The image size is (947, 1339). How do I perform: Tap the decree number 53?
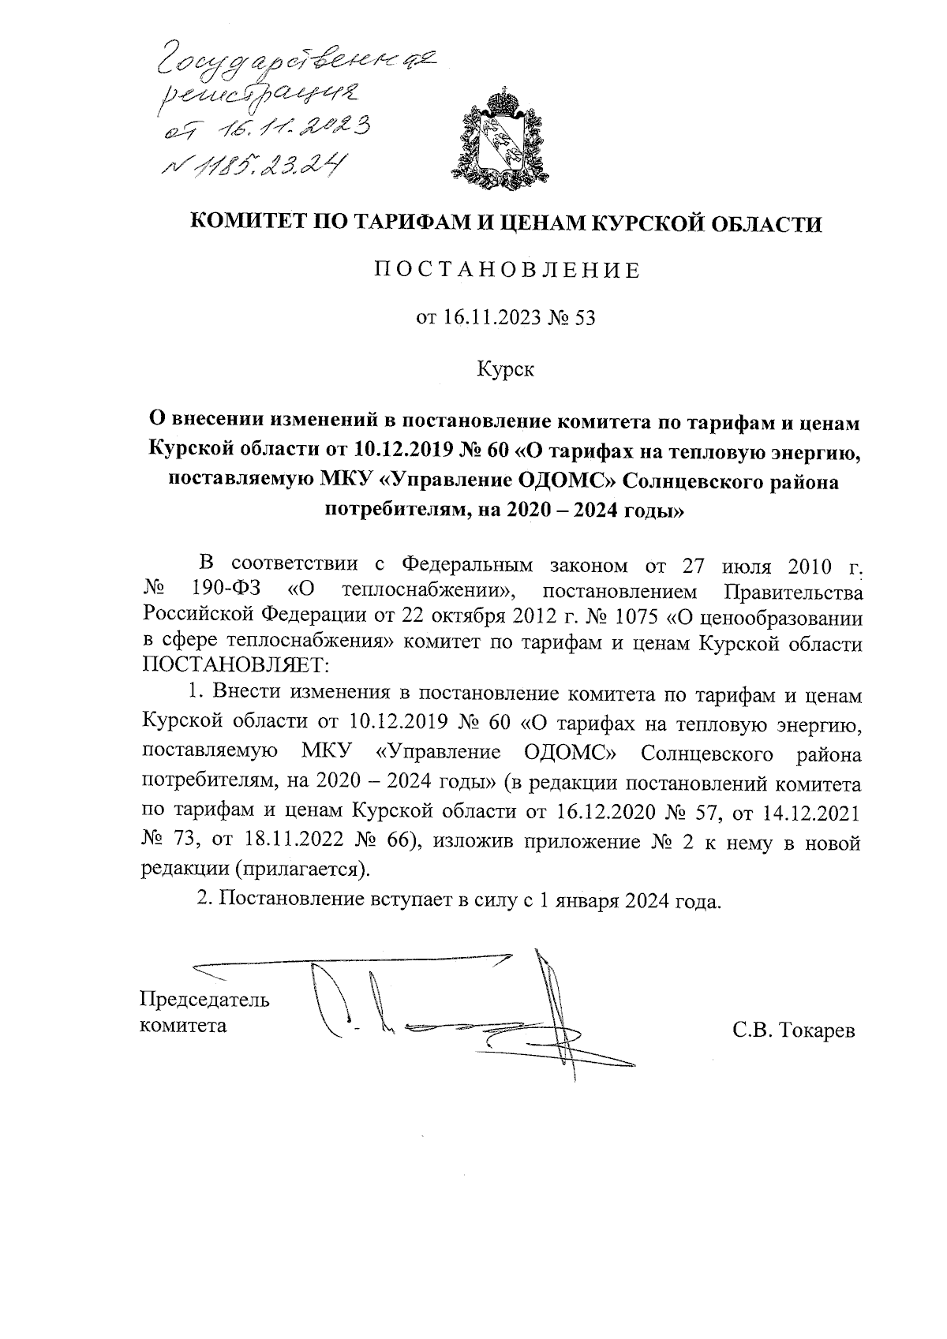[x=585, y=318]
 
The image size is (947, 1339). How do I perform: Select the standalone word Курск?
[x=506, y=368]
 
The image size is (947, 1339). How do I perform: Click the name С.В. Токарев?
[x=793, y=1031]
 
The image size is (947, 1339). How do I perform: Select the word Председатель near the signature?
[x=204, y=1000]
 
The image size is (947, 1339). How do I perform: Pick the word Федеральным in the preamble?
[x=468, y=565]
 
